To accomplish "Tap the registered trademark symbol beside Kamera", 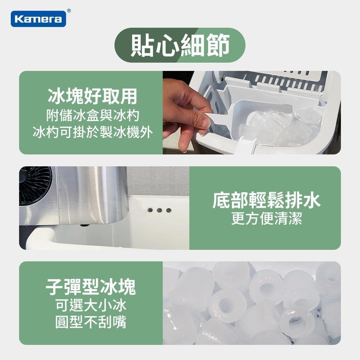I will (69, 11).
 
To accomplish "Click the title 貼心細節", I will (180, 45).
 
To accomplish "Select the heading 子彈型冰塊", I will (91, 287).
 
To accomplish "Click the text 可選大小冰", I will (91, 306).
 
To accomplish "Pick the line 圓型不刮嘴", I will (91, 322).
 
